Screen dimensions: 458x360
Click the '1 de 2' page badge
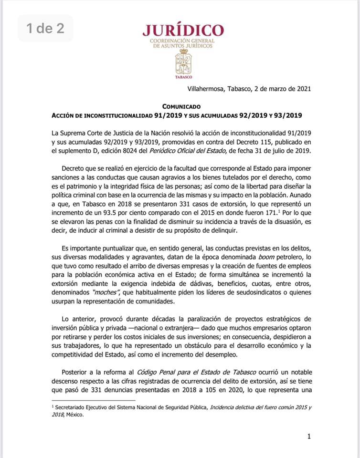click(45, 29)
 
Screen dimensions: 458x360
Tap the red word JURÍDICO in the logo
click(182, 31)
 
